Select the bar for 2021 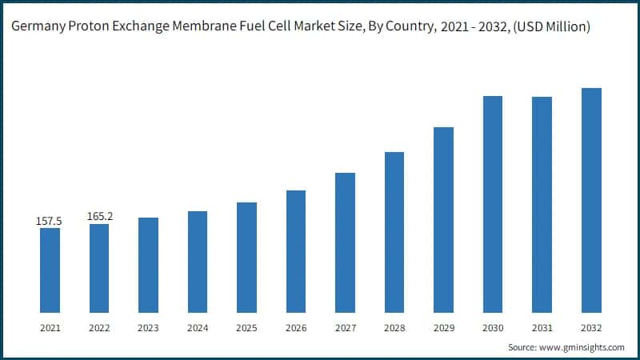click(50, 270)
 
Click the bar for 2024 click(198, 262)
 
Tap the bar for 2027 click(345, 242)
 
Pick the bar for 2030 click(493, 204)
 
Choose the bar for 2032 click(591, 200)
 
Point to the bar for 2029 click(443, 219)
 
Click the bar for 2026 click(296, 251)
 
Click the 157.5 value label click(50, 220)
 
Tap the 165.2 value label click(99, 216)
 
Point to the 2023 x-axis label click(148, 328)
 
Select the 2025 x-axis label click(246, 328)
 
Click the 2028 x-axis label click(394, 328)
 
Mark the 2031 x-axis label click(542, 328)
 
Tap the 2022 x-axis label click(99, 328)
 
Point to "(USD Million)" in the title click(548, 27)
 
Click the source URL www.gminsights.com click(583, 347)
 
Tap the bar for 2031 click(542, 204)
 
